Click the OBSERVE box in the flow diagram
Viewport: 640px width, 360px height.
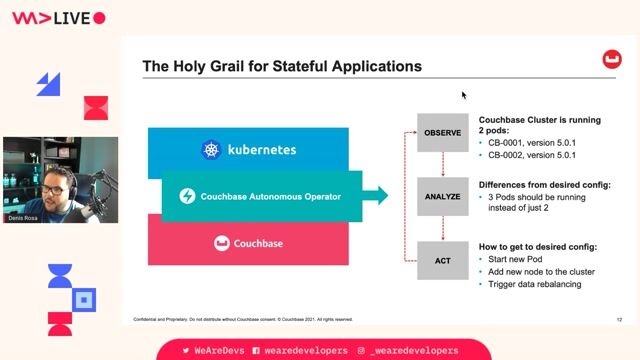442,132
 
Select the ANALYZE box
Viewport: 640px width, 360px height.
442,196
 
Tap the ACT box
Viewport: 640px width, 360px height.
442,261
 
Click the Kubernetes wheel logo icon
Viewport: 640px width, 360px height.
212,151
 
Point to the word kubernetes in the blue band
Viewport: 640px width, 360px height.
262,151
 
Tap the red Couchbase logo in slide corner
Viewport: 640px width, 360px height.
610,61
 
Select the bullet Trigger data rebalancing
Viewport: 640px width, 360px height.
540,285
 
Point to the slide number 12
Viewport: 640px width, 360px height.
620,319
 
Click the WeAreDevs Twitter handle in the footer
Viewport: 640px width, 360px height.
212,351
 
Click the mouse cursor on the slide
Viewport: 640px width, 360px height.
464,95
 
